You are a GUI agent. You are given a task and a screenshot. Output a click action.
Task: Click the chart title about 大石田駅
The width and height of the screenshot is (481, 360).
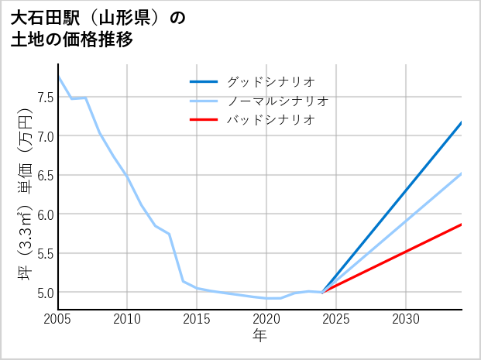(x=98, y=29)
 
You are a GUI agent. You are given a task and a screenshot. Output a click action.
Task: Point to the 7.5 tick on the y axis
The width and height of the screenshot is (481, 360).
(x=45, y=97)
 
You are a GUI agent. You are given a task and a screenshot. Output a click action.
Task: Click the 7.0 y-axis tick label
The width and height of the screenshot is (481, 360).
(x=45, y=136)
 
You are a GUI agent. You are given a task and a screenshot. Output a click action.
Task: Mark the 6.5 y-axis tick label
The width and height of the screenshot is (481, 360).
(x=45, y=175)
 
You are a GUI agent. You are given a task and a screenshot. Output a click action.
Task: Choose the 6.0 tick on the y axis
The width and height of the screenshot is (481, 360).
(x=45, y=214)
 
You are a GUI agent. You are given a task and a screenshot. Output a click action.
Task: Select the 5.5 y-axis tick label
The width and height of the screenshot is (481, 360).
(x=45, y=253)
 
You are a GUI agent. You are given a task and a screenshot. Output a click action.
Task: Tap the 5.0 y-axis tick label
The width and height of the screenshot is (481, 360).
(x=45, y=293)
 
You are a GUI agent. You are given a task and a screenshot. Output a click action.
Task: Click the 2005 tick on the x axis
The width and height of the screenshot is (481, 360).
(x=58, y=319)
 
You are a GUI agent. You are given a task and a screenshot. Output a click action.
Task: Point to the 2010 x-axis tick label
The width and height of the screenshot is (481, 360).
(x=127, y=319)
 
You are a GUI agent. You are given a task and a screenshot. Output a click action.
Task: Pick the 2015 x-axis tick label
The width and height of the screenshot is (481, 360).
(x=197, y=319)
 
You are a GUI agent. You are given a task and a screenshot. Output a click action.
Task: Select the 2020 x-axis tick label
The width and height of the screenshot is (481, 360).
(x=266, y=319)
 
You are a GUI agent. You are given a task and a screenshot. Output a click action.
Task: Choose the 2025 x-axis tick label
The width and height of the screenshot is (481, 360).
(x=336, y=319)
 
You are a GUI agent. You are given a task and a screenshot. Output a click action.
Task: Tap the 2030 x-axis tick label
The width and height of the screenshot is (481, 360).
(x=406, y=319)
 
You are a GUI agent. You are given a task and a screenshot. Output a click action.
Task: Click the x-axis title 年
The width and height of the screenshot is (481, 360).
(x=260, y=335)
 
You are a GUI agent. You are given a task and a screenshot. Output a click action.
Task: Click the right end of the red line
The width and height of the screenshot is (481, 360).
(x=462, y=225)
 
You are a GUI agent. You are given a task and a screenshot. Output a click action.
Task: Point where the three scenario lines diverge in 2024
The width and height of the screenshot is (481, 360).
(x=322, y=292)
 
